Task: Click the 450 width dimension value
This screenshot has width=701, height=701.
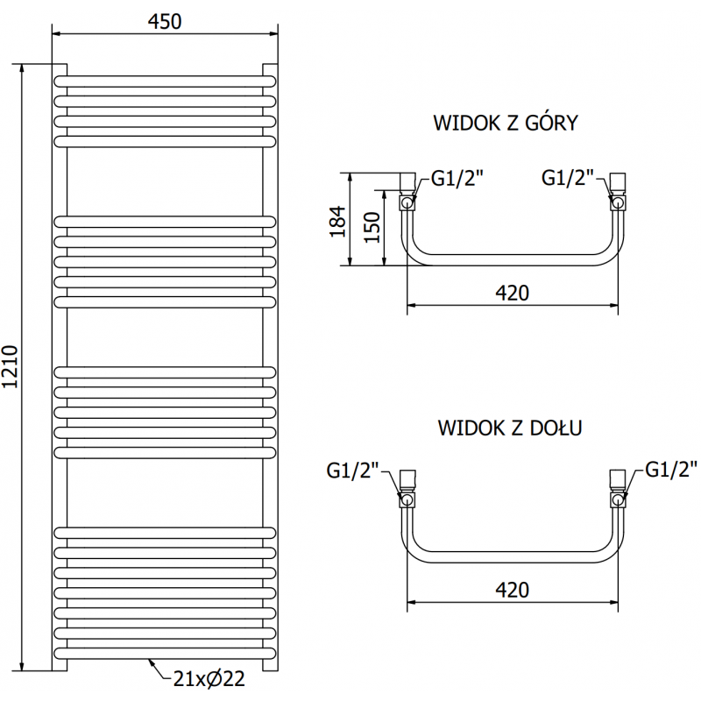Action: click(x=164, y=21)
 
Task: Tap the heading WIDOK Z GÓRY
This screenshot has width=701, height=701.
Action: click(x=506, y=123)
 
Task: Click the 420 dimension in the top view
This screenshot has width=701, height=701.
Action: click(x=512, y=293)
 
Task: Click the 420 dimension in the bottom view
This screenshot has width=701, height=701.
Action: click(x=512, y=590)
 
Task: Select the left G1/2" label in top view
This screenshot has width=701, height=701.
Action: click(x=458, y=179)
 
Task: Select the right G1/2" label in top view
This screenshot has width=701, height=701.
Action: click(x=569, y=178)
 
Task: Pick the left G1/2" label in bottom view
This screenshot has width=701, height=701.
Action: click(x=352, y=471)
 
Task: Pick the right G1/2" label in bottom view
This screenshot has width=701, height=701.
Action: click(x=672, y=469)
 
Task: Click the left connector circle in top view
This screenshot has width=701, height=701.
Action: click(x=407, y=203)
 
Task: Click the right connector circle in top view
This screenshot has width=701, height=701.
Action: click(x=619, y=203)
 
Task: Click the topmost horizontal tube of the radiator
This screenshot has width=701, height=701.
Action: click(x=164, y=81)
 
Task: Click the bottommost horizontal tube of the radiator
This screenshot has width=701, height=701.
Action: click(x=164, y=652)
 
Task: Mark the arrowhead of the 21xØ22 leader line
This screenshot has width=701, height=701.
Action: click(x=150, y=660)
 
